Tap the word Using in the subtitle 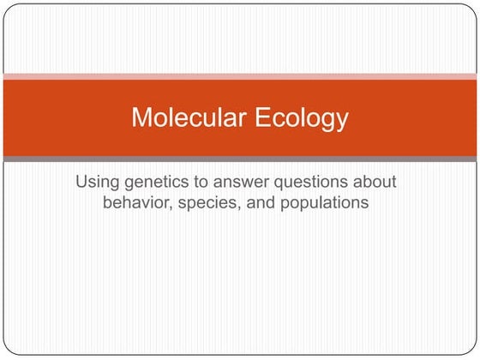pyautogui.click(x=96, y=183)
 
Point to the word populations pyautogui.click(x=330, y=204)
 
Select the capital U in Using pyautogui.click(x=81, y=183)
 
